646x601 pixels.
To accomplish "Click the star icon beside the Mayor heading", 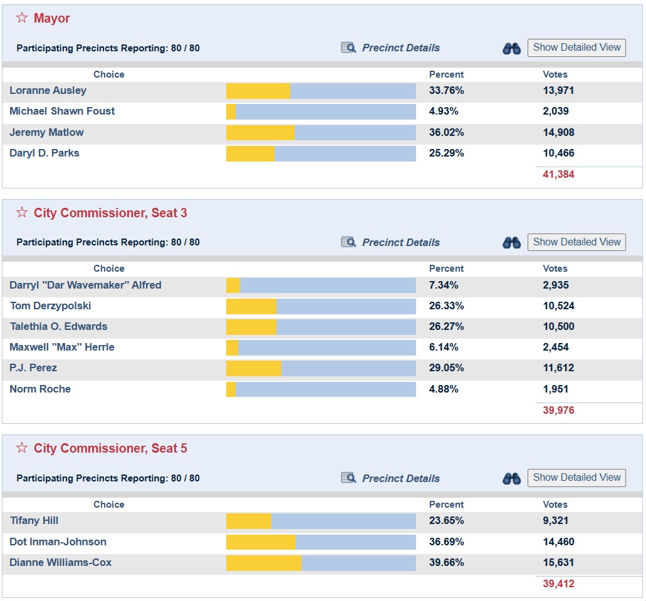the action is [22, 18].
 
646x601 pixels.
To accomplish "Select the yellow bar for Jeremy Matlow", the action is [261, 133].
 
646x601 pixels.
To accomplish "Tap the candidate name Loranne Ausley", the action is [48, 91].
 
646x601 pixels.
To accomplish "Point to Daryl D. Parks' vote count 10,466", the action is [558, 153].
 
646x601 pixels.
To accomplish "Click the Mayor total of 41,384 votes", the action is [558, 175].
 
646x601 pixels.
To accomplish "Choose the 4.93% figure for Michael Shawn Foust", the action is [443, 111].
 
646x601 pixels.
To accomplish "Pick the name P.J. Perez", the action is [33, 367].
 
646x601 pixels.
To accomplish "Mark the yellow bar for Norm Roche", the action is [231, 389].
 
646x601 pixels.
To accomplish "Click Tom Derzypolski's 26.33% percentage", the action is [446, 306].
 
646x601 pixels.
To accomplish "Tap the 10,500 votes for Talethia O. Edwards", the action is [558, 326].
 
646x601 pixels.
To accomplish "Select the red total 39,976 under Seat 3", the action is [558, 410].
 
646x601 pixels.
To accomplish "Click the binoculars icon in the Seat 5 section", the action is [511, 478].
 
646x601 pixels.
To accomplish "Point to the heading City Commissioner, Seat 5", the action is [110, 448].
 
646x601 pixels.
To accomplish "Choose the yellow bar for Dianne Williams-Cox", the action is [264, 563].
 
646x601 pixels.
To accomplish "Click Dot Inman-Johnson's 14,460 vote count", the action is [558, 542].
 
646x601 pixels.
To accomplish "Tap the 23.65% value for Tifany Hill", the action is [446, 521].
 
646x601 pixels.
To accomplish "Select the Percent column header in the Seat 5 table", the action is [446, 504].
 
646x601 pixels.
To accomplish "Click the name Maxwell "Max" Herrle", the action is [62, 347].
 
